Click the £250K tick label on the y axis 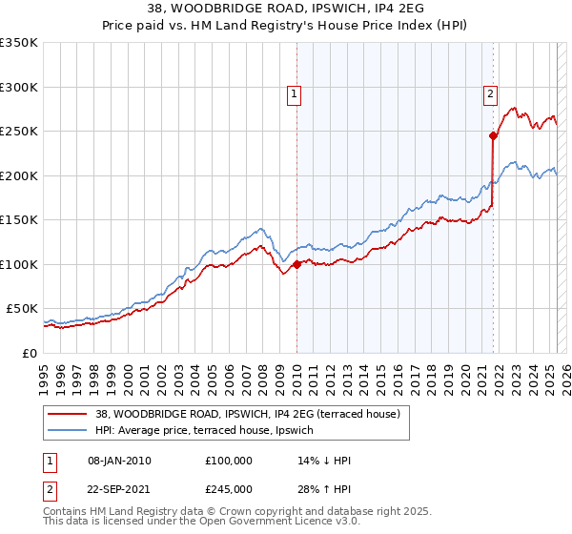(x=19, y=132)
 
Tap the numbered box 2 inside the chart (x=489, y=93)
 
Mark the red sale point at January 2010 (x=296, y=264)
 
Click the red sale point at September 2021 (x=494, y=135)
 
